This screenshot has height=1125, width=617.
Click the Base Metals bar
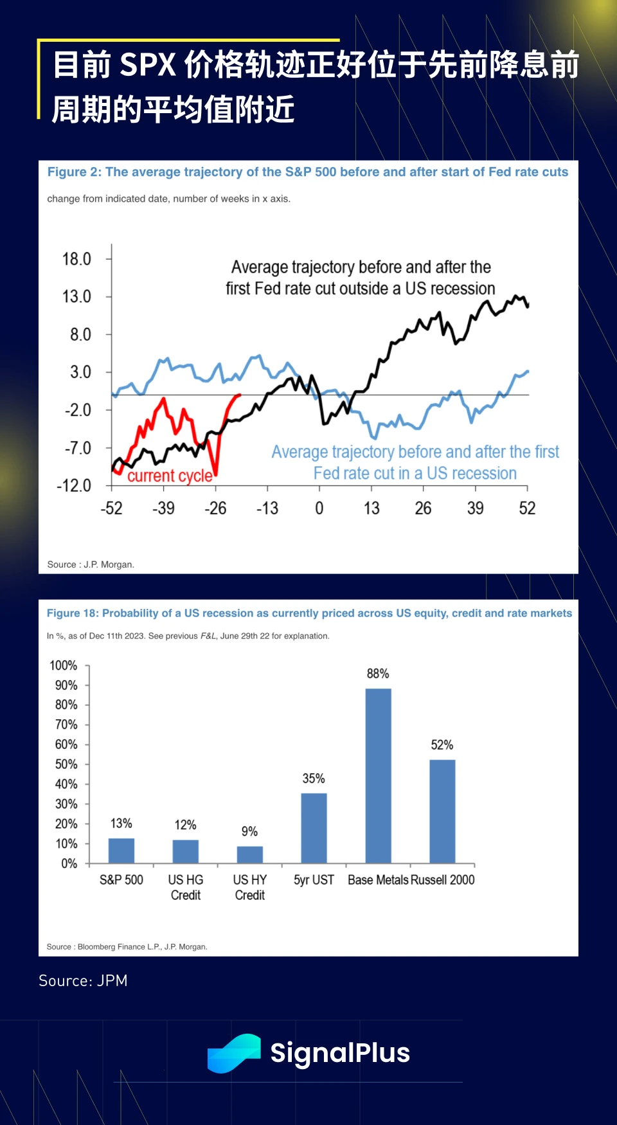378,775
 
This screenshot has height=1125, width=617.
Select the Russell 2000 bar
442,811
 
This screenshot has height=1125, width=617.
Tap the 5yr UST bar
314,828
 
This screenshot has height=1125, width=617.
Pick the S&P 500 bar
121,851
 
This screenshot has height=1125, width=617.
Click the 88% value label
378,674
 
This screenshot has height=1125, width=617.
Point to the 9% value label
249,832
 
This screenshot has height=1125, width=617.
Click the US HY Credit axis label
249,887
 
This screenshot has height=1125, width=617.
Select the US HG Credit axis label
186,887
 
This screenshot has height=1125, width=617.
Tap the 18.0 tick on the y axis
76,259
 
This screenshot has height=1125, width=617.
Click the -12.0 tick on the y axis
75,485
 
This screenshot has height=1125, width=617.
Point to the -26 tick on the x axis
215,509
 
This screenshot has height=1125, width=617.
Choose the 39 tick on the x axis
475,509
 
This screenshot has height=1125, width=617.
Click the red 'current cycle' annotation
170,476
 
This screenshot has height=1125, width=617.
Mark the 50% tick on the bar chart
66,764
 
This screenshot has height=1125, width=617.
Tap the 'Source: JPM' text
83,980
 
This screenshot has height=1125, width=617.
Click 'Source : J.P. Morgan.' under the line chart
91,564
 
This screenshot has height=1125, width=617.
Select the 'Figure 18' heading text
309,613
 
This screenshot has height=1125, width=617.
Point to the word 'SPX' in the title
148,65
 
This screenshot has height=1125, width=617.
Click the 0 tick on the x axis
319,509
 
